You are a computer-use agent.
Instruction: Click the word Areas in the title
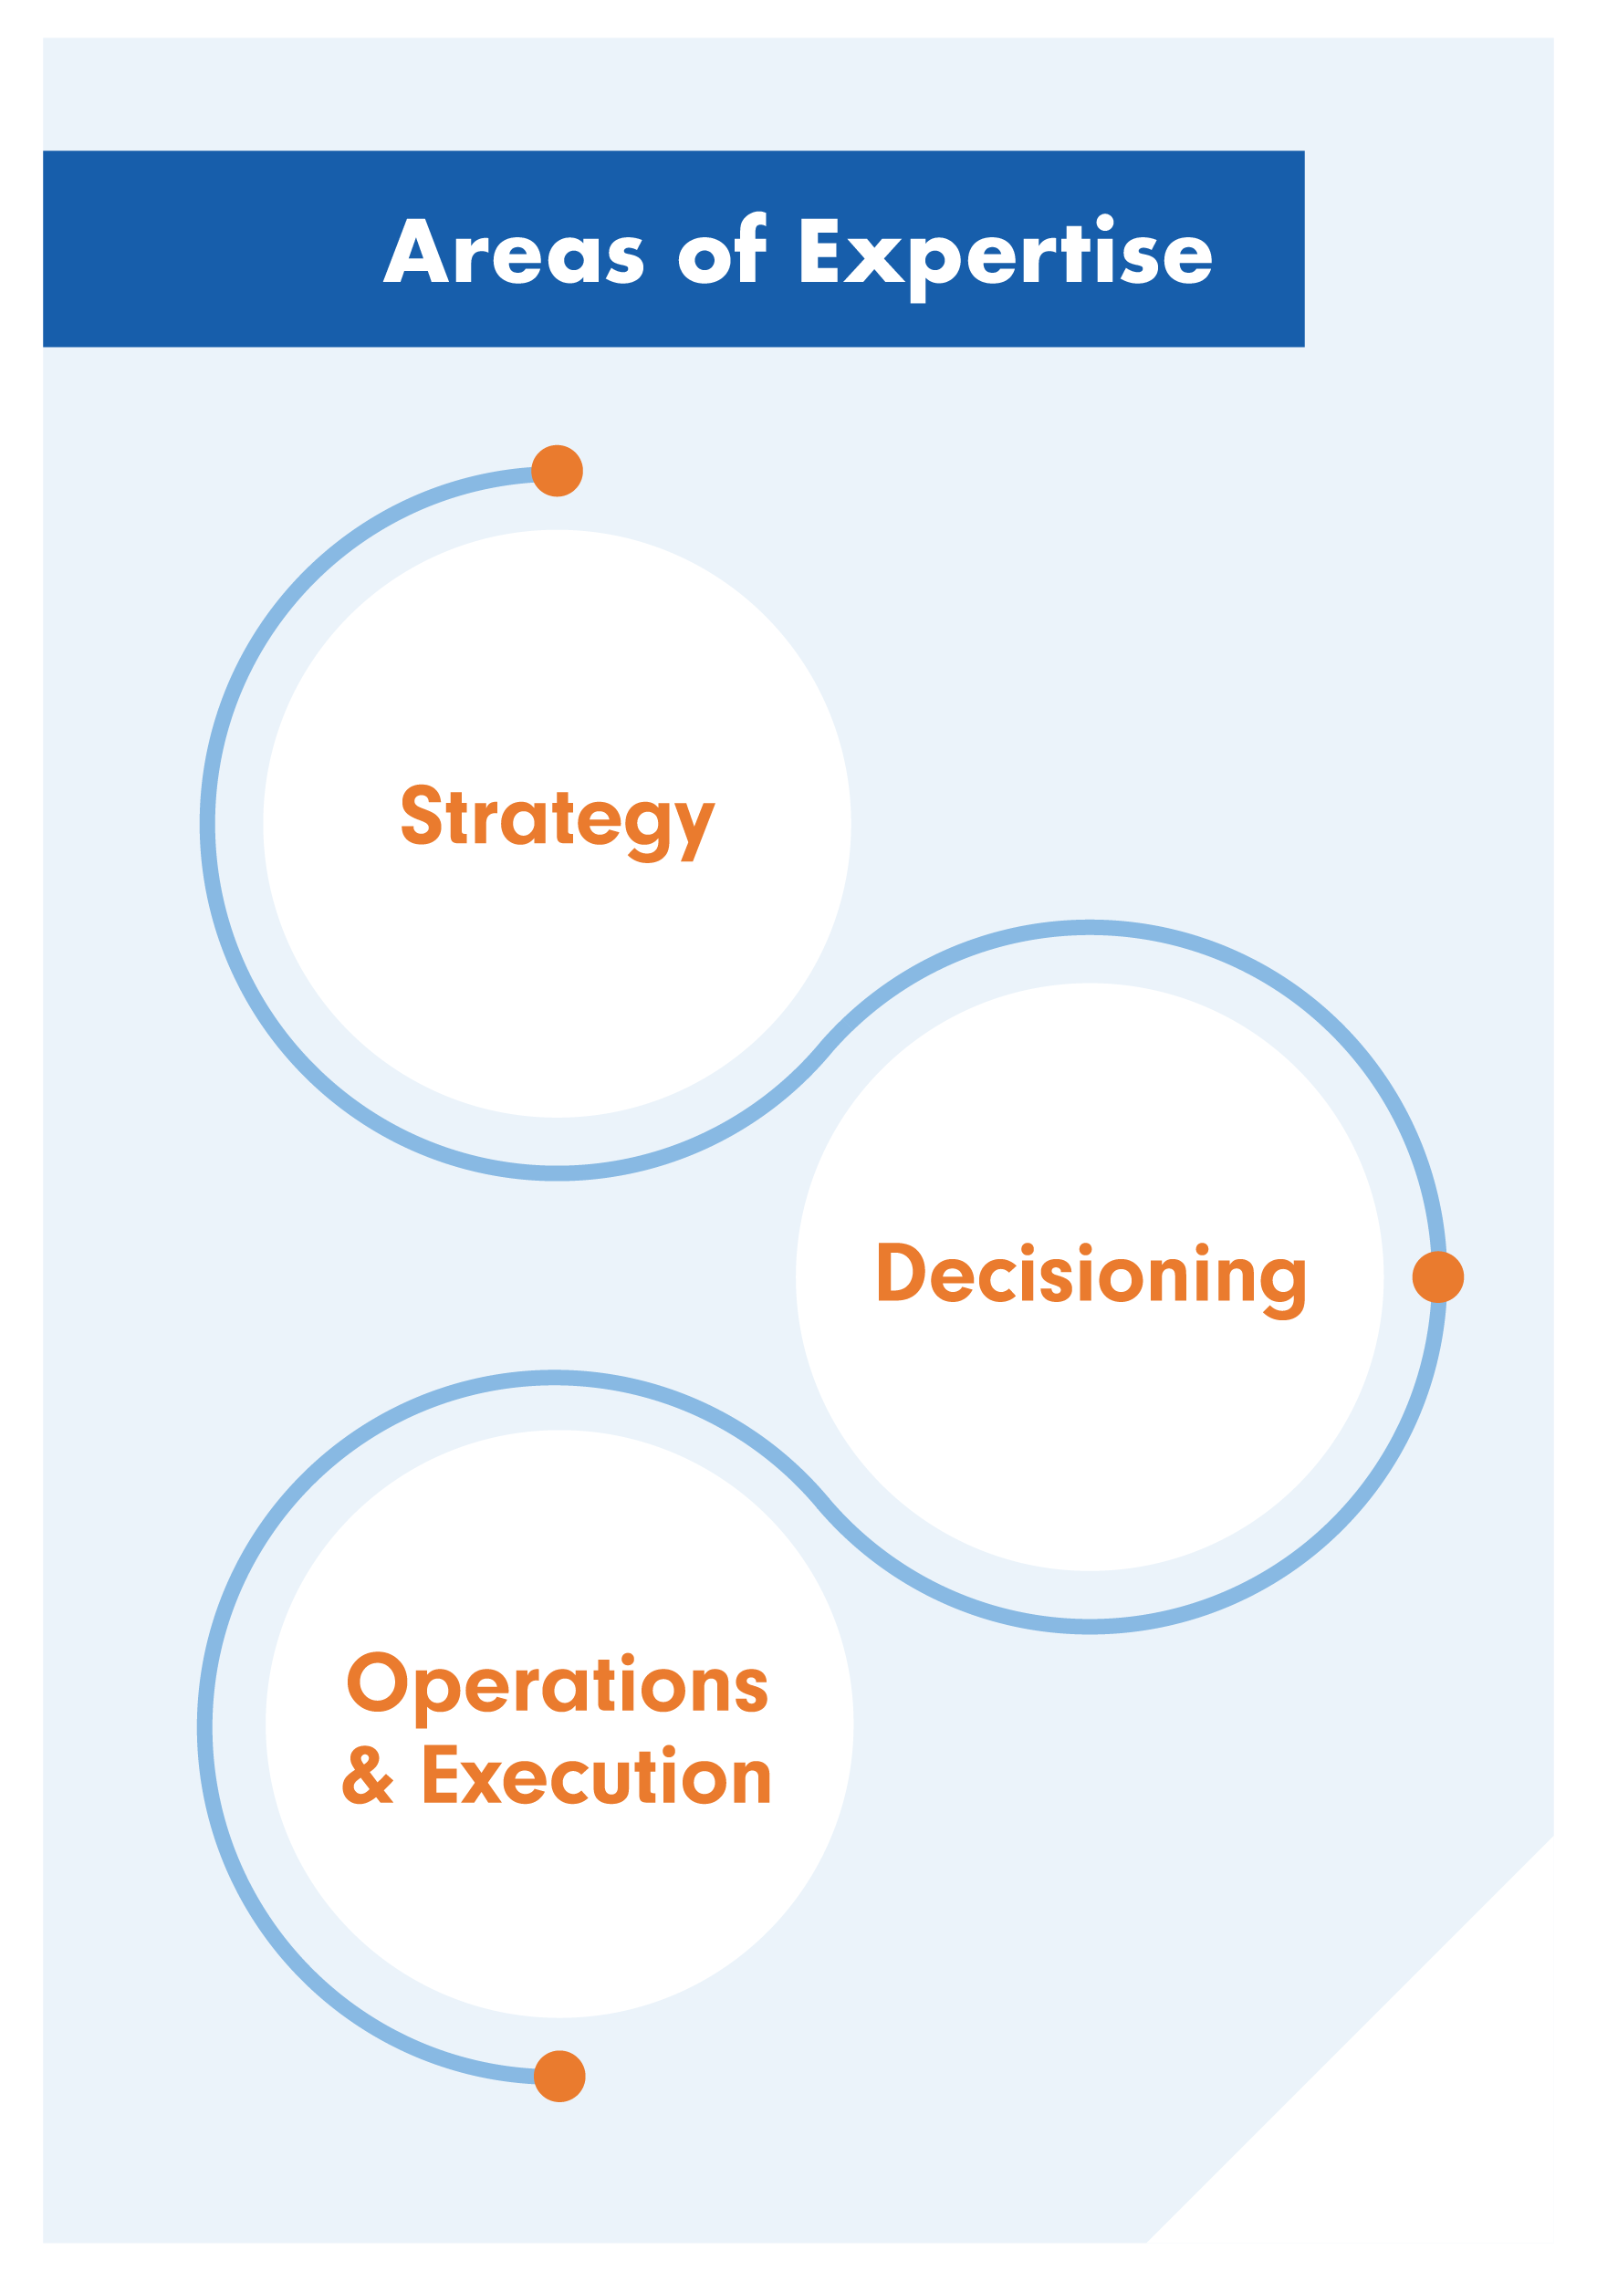point(514,251)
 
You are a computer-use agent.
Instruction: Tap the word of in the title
point(723,249)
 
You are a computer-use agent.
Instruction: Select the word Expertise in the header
point(1005,255)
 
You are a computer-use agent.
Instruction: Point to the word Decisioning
point(1091,1276)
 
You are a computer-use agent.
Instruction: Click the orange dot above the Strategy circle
point(558,471)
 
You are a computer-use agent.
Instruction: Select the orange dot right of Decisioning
point(1438,1277)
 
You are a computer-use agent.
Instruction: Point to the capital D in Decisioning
point(902,1272)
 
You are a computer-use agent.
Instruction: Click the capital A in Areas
point(416,251)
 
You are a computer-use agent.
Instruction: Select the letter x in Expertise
point(874,260)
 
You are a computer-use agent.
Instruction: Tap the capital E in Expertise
point(819,250)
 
